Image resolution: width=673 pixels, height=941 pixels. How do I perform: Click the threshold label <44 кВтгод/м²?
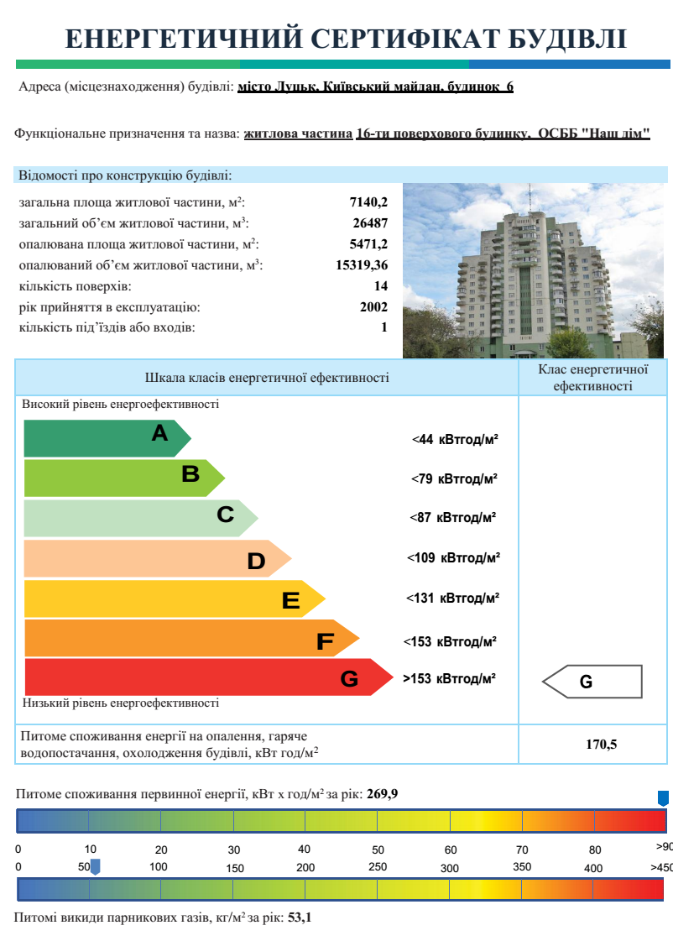click(455, 439)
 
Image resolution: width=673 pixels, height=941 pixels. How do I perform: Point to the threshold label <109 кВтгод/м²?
click(453, 557)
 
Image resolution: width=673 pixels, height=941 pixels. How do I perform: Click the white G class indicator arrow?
click(592, 682)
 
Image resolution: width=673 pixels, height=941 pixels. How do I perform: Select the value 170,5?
click(601, 743)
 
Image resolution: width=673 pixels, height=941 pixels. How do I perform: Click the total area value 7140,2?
click(368, 202)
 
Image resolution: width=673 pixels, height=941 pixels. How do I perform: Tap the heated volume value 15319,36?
click(362, 265)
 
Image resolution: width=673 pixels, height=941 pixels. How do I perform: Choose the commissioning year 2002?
click(373, 307)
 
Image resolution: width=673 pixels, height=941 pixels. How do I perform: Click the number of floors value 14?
click(380, 286)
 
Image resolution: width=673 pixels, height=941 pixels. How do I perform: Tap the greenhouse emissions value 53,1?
click(300, 918)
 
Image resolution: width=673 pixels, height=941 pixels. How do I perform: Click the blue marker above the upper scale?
click(663, 797)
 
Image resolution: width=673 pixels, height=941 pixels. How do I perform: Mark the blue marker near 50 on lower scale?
click(95, 865)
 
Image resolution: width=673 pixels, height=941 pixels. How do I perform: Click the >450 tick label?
click(661, 867)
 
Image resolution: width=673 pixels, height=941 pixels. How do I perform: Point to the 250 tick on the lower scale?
click(378, 867)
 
